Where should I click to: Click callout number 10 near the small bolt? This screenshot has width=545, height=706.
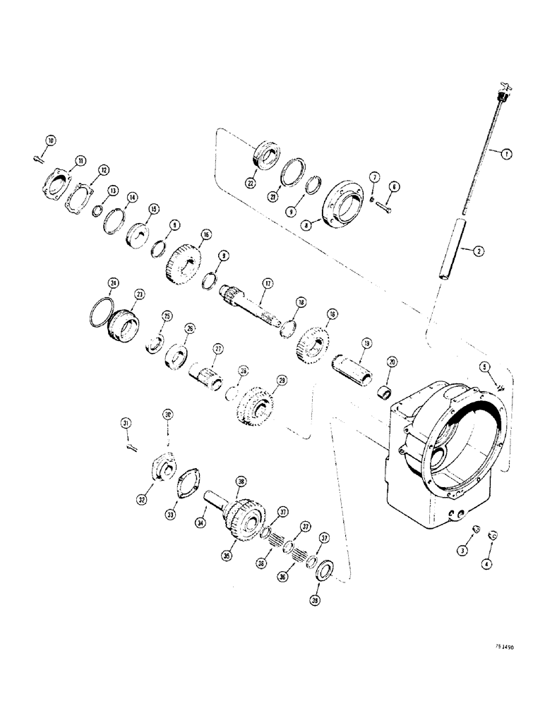pos(49,140)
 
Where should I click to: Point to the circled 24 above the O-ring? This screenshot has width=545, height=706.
pos(112,284)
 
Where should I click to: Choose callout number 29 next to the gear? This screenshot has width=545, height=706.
pos(282,381)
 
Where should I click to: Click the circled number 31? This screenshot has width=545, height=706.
pos(126,423)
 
